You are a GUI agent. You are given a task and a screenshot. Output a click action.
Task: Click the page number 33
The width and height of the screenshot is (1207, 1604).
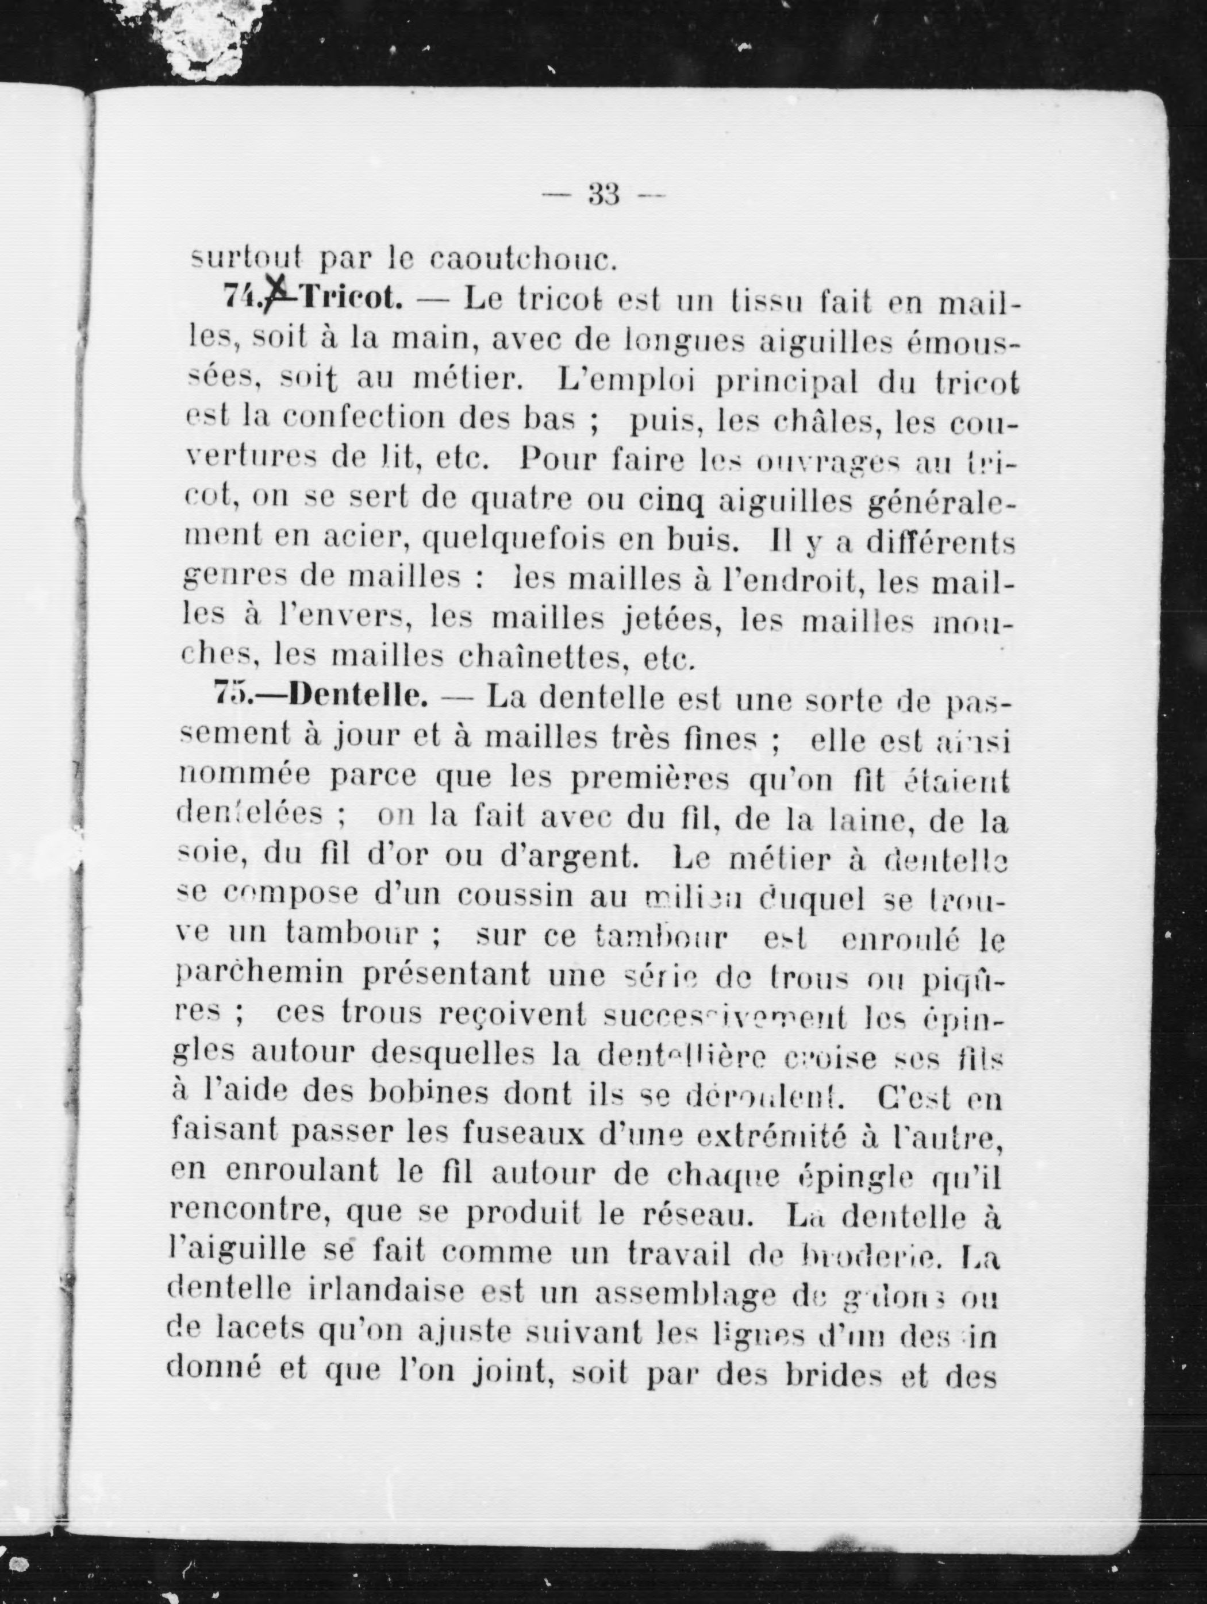tap(603, 194)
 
